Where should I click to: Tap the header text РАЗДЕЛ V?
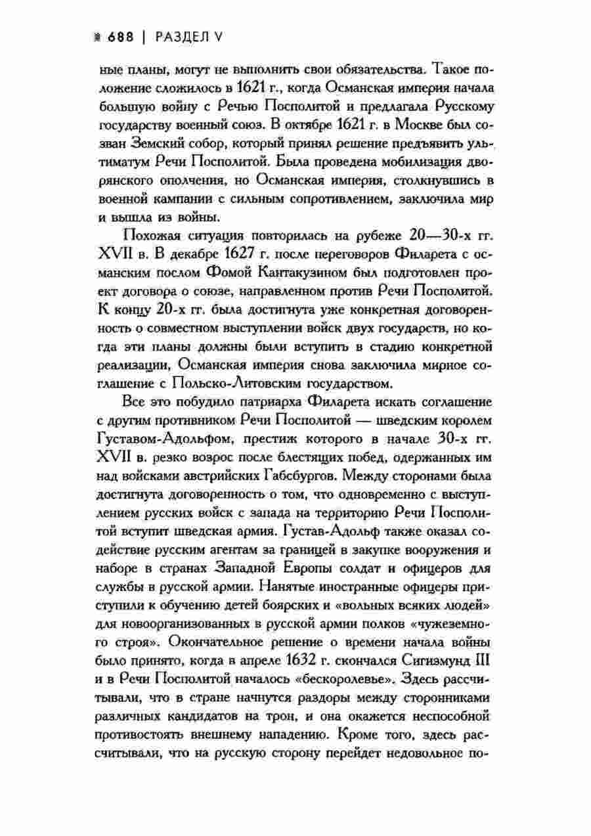pos(188,39)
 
